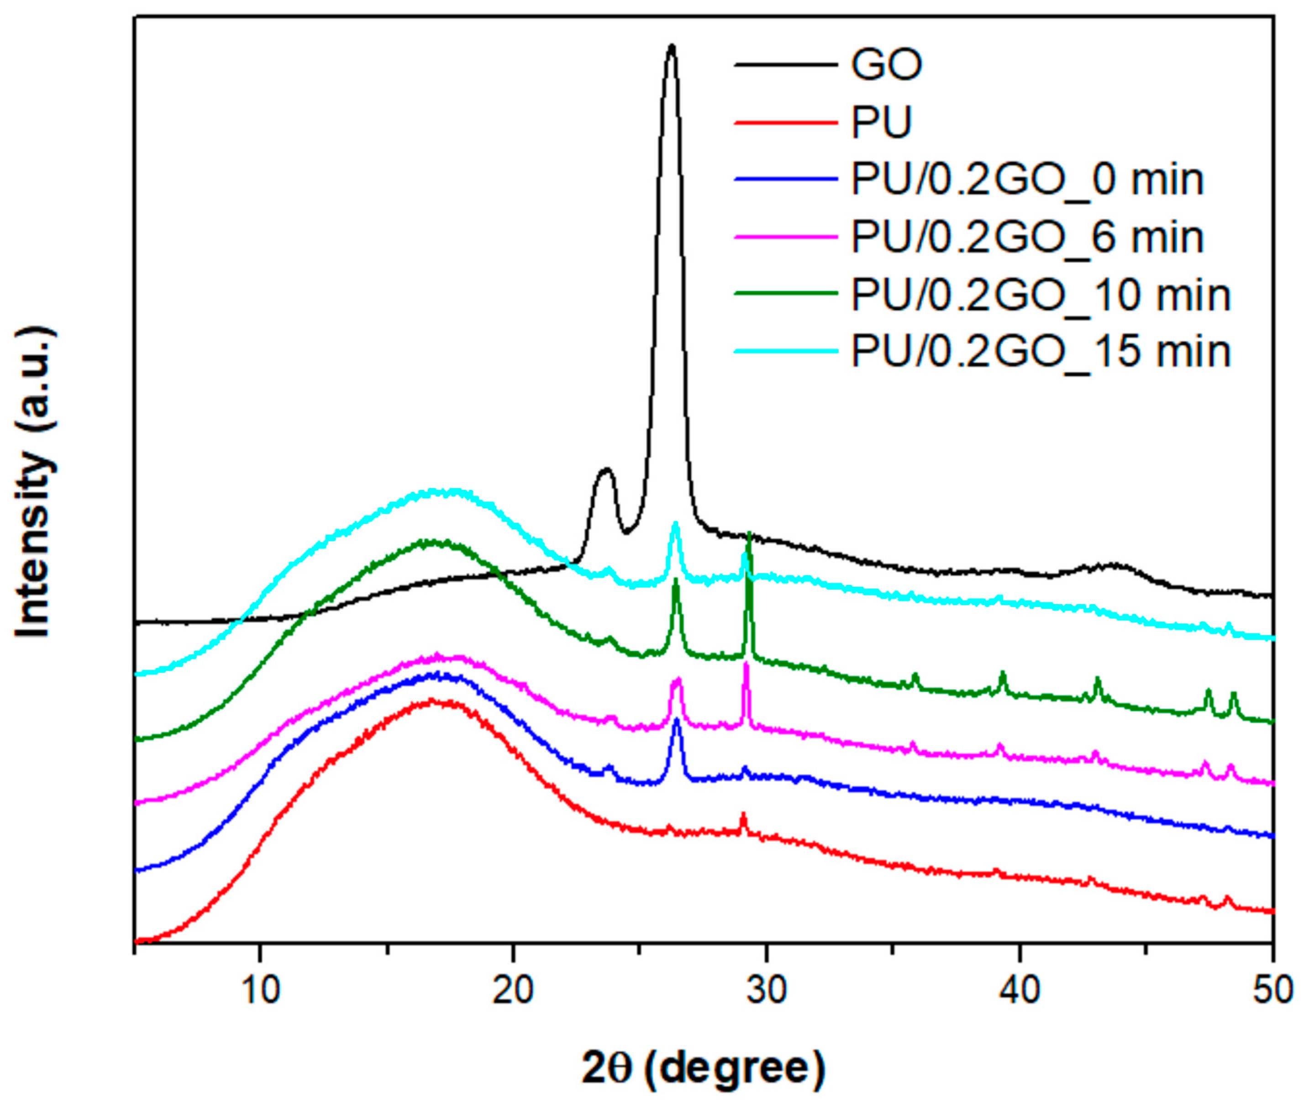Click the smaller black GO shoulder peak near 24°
pos(605,469)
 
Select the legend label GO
pos(886,64)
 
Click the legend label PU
pos(880,122)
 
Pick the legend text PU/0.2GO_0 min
pos(1027,180)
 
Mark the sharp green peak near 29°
pos(748,534)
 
